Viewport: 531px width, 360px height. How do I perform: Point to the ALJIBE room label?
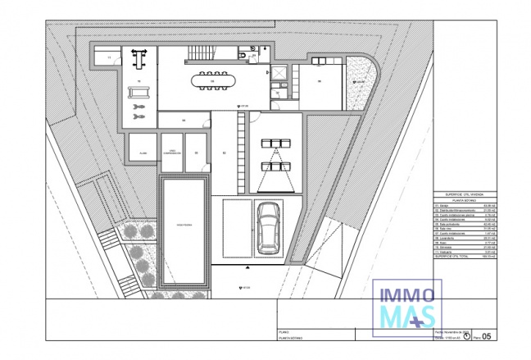coord(142,153)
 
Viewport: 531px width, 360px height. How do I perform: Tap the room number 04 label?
coord(184,121)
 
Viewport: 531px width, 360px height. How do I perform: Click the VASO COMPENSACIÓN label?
coord(171,153)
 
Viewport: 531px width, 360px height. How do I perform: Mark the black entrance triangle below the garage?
coord(247,267)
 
